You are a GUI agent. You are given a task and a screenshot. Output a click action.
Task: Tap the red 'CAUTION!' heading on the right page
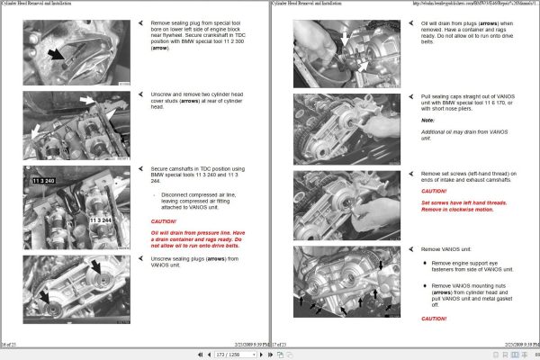point(434,191)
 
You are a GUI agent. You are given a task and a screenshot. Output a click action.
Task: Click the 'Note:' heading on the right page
point(427,120)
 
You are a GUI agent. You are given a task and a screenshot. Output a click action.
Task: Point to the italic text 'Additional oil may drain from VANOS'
point(460,132)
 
